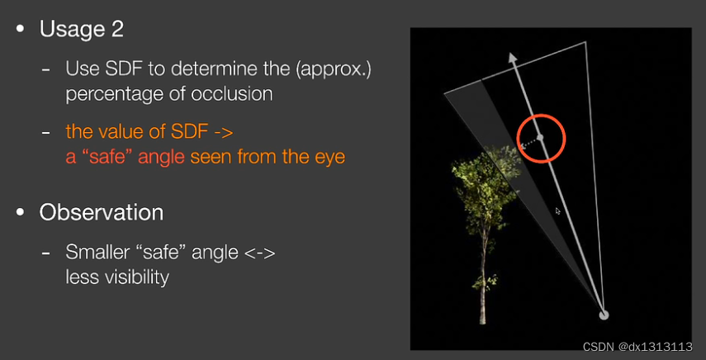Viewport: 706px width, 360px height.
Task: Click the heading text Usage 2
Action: click(x=82, y=29)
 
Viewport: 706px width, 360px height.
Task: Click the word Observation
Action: click(x=102, y=212)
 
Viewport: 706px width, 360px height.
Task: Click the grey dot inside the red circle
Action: click(x=541, y=137)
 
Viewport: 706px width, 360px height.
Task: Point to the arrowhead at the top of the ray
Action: click(x=512, y=58)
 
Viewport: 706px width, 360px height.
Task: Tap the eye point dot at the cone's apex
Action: click(x=604, y=315)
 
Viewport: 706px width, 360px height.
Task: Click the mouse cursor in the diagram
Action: click(x=558, y=211)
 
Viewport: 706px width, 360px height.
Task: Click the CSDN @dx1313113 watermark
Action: click(x=637, y=347)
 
